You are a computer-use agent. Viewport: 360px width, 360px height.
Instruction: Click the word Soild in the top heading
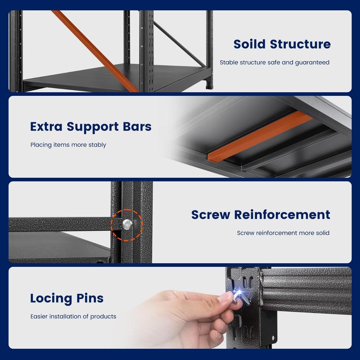coord(249,44)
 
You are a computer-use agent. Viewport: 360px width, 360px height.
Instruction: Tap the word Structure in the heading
coord(300,44)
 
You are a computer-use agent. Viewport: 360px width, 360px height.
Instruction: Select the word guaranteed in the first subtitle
coord(312,63)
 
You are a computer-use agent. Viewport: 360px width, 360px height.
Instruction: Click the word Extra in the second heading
coord(46,126)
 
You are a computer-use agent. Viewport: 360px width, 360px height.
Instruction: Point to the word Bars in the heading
coord(137,126)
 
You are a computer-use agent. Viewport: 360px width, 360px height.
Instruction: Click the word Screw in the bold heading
coord(211,215)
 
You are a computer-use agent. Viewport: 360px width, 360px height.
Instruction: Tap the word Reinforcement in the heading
coord(282,215)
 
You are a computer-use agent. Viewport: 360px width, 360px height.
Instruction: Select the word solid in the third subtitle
coord(323,233)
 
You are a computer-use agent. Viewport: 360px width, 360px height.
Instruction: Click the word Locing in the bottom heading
coord(51,298)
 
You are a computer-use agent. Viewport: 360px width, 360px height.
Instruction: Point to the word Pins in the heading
coord(90,298)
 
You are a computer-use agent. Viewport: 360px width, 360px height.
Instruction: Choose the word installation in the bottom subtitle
coord(65,316)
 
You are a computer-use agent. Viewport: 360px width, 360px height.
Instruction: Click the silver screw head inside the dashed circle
coord(127,225)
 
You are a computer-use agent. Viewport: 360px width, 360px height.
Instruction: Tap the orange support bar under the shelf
coord(260,136)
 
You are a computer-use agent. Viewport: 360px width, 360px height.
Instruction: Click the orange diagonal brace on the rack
coord(95,51)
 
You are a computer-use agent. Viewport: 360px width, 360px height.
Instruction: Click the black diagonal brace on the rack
coord(179,44)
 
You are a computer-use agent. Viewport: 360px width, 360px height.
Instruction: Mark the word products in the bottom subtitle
coord(103,317)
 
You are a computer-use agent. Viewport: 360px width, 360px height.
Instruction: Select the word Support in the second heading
coord(93,127)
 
